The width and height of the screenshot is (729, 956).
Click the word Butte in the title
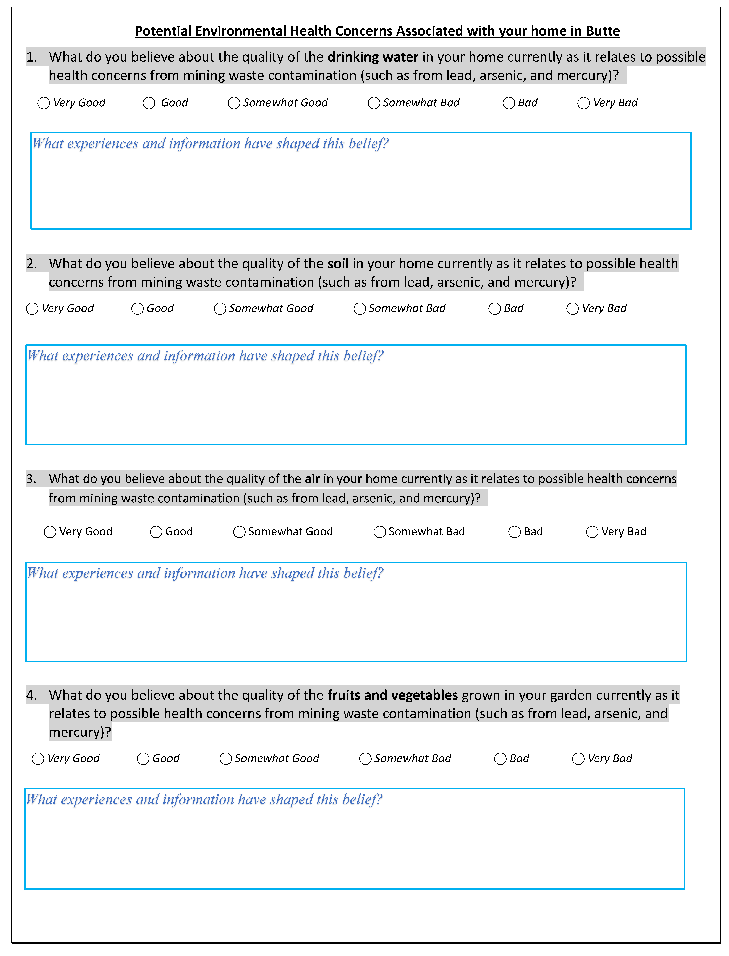(x=602, y=31)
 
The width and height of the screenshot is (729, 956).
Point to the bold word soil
(x=338, y=264)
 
